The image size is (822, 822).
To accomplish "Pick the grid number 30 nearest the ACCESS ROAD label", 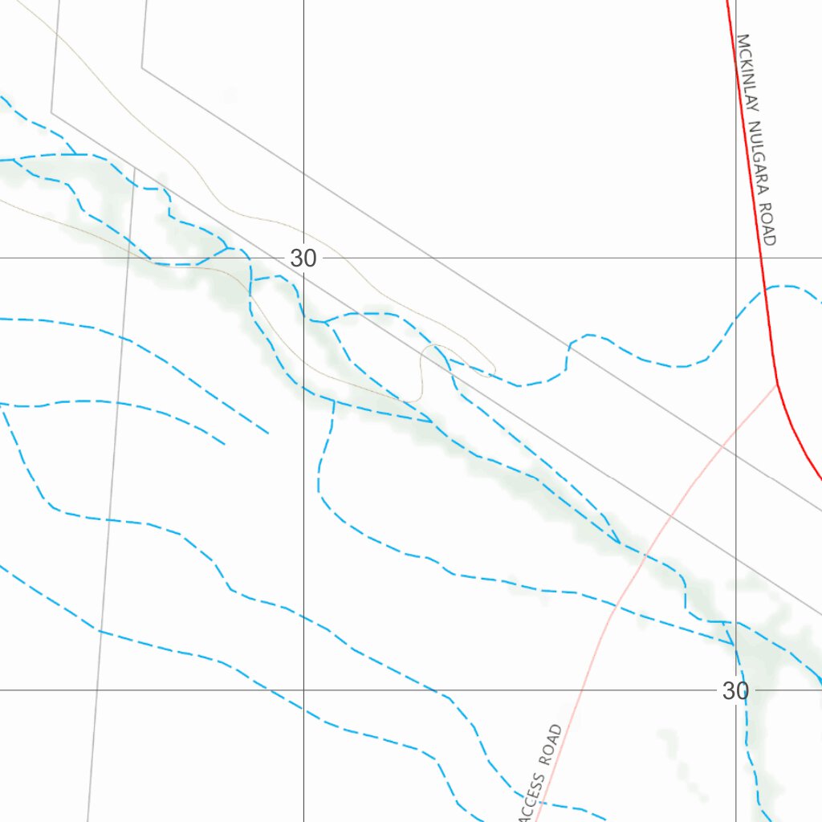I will (735, 690).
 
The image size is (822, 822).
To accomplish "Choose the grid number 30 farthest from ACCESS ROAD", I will (303, 258).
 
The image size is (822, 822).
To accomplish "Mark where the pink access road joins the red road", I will (777, 383).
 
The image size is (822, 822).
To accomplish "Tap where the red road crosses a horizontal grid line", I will (759, 258).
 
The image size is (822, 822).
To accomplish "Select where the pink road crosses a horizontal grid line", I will (584, 690).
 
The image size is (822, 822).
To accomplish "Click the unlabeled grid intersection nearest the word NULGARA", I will (736, 258).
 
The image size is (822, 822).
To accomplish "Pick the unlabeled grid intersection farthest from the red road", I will (303, 690).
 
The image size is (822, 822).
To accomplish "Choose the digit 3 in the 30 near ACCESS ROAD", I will (729, 690).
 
